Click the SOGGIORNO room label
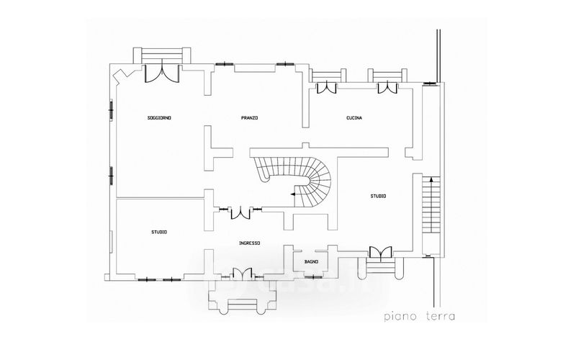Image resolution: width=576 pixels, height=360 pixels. point(158,117)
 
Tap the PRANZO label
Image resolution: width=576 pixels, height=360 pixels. point(250,117)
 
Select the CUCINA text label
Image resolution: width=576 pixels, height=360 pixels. point(354,117)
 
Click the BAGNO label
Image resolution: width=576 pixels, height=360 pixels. point(311,261)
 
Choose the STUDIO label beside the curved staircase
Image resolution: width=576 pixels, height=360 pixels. point(378,196)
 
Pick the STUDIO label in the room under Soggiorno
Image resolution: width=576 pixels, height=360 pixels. point(159,231)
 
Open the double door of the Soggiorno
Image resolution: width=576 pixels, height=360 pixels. point(161,73)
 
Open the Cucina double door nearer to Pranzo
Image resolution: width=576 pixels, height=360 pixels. point(328,88)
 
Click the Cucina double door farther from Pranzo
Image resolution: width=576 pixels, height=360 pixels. point(387,88)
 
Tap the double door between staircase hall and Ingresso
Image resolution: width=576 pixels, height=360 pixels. point(238,212)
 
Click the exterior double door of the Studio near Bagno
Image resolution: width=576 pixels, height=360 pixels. point(379,251)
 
